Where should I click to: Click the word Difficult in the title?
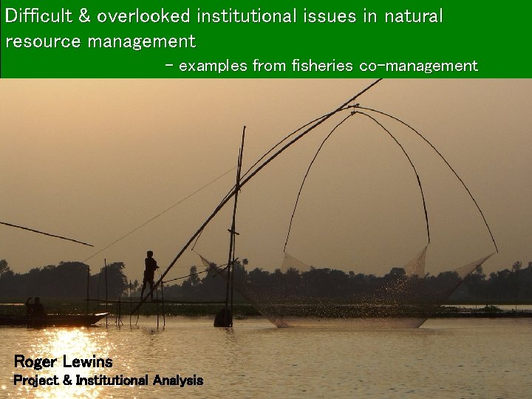click(x=41, y=16)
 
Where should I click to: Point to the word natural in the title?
click(x=413, y=16)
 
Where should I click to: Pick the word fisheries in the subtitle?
click(x=322, y=66)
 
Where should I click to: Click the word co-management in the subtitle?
click(x=418, y=66)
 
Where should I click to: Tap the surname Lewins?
click(x=88, y=361)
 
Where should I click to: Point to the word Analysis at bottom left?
click(x=177, y=381)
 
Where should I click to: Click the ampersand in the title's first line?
click(x=84, y=16)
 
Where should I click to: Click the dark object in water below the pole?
click(x=222, y=317)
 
